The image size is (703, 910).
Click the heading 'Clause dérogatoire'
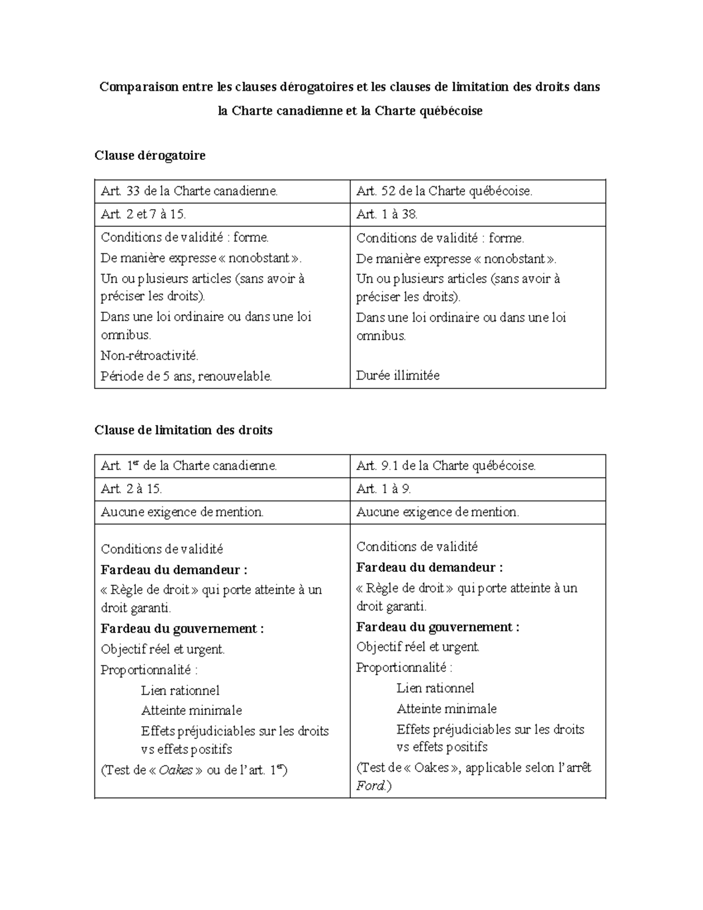tap(150, 156)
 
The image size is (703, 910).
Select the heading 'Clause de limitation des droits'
tap(183, 430)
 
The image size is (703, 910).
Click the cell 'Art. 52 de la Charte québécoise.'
tap(444, 191)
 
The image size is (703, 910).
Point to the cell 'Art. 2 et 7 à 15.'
tap(144, 214)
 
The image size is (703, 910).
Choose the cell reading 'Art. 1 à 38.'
tap(387, 214)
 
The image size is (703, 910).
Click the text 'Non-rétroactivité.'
tap(150, 356)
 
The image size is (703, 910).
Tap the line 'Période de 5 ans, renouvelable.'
tap(186, 376)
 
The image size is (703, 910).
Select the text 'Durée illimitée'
tap(398, 376)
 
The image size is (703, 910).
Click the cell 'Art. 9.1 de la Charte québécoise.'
tap(446, 466)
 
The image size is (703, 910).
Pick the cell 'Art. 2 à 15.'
tap(131, 489)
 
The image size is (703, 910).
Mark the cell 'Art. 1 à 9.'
tap(384, 489)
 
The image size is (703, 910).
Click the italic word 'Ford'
tap(370, 786)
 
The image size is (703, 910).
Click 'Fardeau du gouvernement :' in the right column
tap(438, 627)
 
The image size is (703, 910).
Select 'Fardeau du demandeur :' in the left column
tap(174, 570)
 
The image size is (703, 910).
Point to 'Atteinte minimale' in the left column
tap(192, 711)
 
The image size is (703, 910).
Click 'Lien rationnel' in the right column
tap(435, 688)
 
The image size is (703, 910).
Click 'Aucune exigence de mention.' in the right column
tap(438, 512)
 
